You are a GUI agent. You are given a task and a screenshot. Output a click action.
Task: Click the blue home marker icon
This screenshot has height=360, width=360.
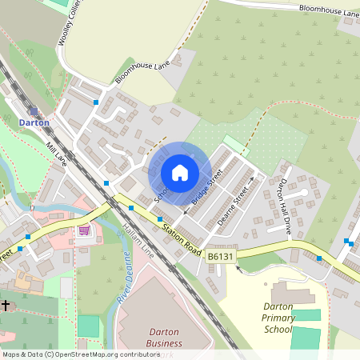pyautogui.click(x=180, y=172)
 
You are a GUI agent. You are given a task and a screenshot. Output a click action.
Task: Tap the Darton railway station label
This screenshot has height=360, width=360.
pyautogui.click(x=34, y=123)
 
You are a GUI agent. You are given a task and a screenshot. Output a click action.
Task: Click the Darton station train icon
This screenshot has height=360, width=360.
pyautogui.click(x=34, y=110)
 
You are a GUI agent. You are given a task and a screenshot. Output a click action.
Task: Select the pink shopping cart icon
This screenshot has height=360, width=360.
pyautogui.click(x=84, y=230)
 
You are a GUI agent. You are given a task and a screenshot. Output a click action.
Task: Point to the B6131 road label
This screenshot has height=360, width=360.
pyautogui.click(x=220, y=256)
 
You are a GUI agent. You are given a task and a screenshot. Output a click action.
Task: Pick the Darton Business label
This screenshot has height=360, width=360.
pyautogui.click(x=162, y=338)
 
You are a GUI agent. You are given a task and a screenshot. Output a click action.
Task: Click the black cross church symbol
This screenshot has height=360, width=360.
pyautogui.click(x=6, y=305)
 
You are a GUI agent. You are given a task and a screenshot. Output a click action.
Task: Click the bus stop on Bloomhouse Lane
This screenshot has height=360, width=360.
pyautogui.click(x=96, y=102)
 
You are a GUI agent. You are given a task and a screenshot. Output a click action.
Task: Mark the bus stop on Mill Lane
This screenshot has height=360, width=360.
pyautogui.click(x=106, y=183)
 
